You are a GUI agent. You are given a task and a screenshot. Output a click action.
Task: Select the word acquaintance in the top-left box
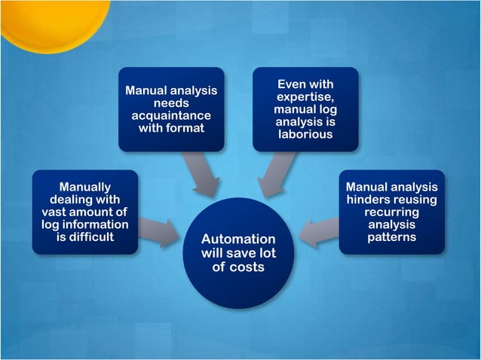[171, 115]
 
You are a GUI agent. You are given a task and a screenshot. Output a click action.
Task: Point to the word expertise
[305, 97]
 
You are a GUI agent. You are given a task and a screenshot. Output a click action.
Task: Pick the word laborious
[305, 135]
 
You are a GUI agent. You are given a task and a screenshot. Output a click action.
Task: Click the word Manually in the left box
[85, 187]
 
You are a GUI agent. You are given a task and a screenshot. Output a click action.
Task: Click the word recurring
[391, 212]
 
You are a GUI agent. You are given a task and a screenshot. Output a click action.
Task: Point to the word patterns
[391, 238]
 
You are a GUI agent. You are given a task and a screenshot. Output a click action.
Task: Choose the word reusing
[415, 200]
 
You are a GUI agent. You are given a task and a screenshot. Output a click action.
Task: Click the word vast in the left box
[62, 212]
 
